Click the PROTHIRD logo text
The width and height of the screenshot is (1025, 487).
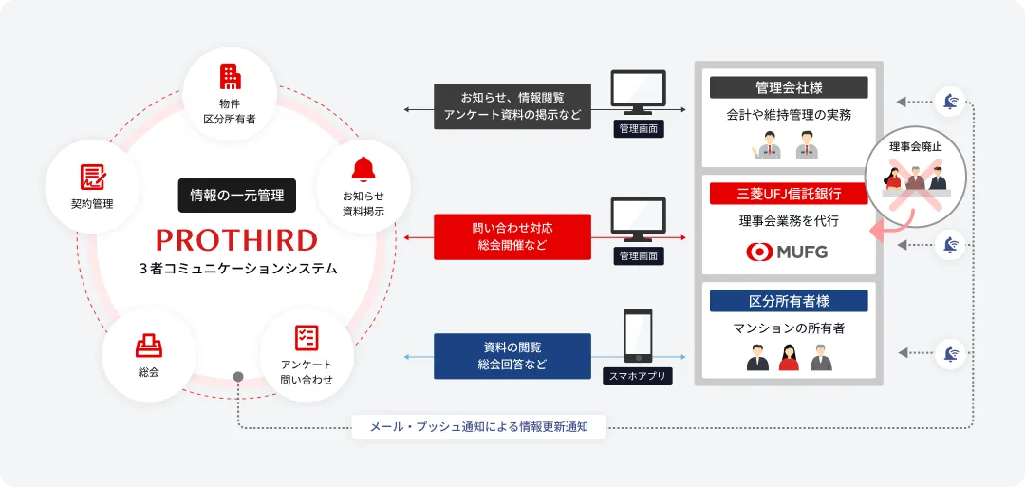pos(237,238)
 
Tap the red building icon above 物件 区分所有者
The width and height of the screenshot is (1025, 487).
pos(230,77)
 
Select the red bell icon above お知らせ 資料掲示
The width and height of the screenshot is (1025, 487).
pos(363,169)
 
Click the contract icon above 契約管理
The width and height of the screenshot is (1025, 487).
pos(92,176)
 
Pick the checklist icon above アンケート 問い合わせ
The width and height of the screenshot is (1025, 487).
pos(307,337)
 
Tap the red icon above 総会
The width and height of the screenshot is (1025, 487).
pos(148,344)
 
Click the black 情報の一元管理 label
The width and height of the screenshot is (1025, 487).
pos(237,196)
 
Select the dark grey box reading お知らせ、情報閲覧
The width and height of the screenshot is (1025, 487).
pos(512,106)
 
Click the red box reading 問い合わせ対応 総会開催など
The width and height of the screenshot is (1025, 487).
pos(512,236)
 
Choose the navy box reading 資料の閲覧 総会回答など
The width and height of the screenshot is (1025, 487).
pos(512,355)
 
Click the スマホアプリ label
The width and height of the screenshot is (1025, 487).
pos(637,377)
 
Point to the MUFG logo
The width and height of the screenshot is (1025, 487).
pos(788,253)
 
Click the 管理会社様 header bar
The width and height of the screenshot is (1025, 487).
pos(789,87)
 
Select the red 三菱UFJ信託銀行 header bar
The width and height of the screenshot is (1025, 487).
pos(789,194)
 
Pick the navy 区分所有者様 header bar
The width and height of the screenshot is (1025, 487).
pos(789,301)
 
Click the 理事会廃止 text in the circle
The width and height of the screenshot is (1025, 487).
pos(916,147)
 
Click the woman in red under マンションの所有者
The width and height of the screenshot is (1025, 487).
pos(789,358)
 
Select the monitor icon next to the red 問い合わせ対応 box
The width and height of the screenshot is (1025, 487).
pos(637,220)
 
